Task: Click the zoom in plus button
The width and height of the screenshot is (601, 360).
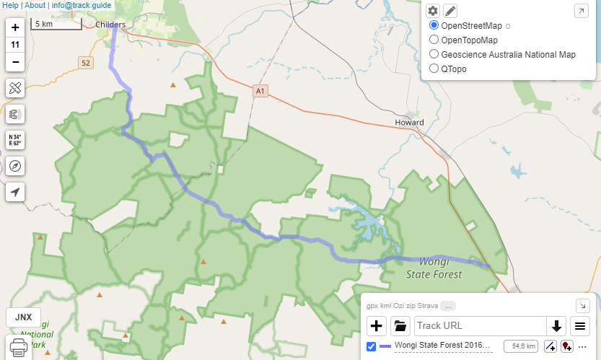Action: pos(15,27)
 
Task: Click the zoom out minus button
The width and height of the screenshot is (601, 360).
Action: pos(15,62)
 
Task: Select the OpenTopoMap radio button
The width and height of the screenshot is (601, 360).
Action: pos(434,40)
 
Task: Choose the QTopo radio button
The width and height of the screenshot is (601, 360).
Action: pos(434,69)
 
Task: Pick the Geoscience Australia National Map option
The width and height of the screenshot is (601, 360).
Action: pos(434,54)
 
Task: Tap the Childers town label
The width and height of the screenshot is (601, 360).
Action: pos(110,25)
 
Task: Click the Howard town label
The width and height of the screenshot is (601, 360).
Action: pos(409,122)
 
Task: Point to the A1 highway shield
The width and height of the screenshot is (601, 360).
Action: pos(260,92)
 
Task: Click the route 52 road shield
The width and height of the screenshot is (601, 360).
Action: pos(87,63)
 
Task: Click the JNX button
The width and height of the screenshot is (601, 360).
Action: pos(23,317)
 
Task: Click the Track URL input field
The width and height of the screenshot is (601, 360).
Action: pos(480,325)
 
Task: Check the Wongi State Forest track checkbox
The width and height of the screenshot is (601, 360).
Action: pos(371,346)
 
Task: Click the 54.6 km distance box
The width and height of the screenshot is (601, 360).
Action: pos(520,346)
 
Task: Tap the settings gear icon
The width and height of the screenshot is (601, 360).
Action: pos(433,11)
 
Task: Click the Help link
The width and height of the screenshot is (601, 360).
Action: pos(11,5)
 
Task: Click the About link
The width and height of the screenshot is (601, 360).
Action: pos(35,5)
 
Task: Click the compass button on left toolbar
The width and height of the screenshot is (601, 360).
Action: pos(15,165)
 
